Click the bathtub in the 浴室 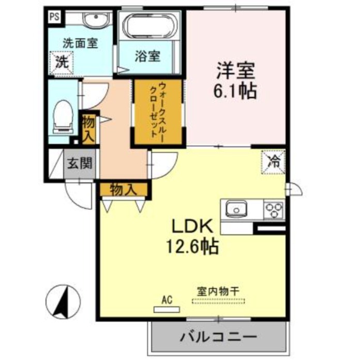click(x=148, y=26)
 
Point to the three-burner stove click(x=274, y=210)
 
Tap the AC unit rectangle click(x=166, y=309)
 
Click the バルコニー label click(x=219, y=337)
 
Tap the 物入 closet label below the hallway click(x=124, y=189)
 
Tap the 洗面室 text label click(x=80, y=44)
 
